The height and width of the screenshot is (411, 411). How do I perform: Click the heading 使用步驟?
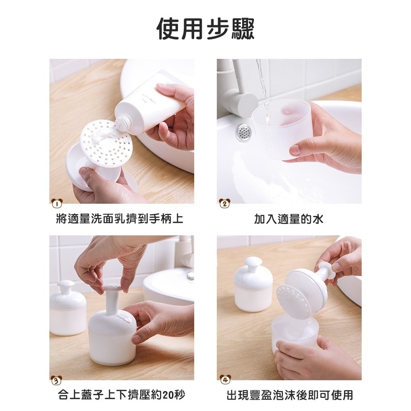[205, 29]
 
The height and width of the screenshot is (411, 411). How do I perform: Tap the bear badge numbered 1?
[57, 203]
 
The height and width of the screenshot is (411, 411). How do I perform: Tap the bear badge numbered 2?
[224, 203]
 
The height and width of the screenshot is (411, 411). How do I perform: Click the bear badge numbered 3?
[57, 380]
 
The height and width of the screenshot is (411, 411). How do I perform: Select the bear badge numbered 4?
[225, 380]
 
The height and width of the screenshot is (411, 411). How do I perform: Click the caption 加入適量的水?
[289, 219]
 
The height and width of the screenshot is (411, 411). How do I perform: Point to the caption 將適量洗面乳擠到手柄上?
[119, 219]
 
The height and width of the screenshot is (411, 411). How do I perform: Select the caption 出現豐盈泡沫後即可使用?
[290, 395]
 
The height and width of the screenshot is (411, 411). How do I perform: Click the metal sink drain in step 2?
[244, 131]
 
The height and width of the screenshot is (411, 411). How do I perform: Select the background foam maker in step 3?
[67, 308]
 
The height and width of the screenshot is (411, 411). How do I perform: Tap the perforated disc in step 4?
[294, 302]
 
